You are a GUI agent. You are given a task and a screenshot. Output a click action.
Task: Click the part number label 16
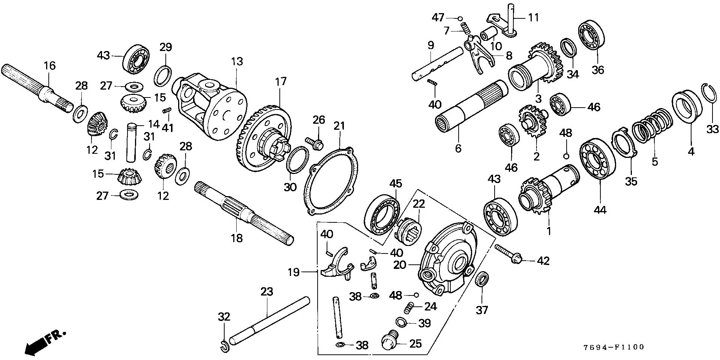(49, 66)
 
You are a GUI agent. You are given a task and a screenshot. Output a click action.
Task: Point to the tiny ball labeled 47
(460, 18)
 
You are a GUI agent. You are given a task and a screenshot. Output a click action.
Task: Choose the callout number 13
(237, 61)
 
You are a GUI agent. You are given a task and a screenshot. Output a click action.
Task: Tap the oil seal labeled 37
(482, 280)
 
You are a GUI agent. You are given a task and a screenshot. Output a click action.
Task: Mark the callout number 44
(600, 210)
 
